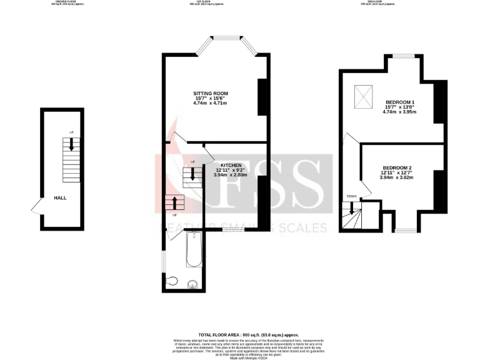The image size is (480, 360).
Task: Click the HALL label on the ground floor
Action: (x=60, y=197)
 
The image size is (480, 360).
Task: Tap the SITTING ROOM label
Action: (x=210, y=93)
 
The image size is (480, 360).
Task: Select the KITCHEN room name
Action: (x=230, y=164)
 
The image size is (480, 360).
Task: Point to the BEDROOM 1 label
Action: (x=400, y=102)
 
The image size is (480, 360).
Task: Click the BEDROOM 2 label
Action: (x=397, y=167)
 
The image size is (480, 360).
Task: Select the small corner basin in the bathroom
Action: (x=171, y=281)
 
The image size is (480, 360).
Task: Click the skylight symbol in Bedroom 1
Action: (x=363, y=96)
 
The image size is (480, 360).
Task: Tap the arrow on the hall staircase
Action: (x=72, y=144)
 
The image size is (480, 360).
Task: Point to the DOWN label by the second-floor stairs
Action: (x=352, y=197)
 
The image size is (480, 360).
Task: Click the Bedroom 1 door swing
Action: (x=351, y=140)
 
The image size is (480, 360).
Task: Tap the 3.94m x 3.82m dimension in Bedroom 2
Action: (x=397, y=177)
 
